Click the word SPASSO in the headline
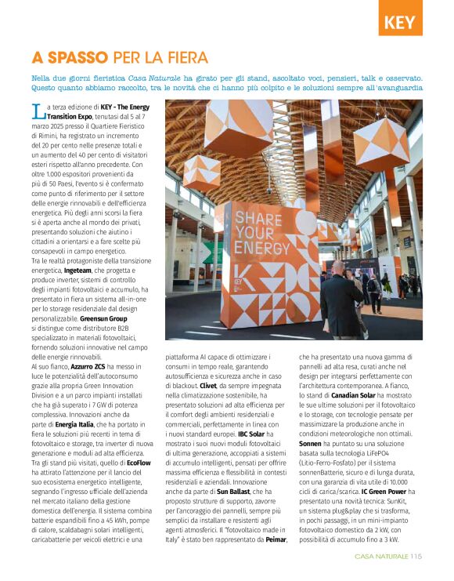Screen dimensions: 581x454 click(x=76, y=58)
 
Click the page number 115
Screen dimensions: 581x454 click(x=416, y=557)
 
